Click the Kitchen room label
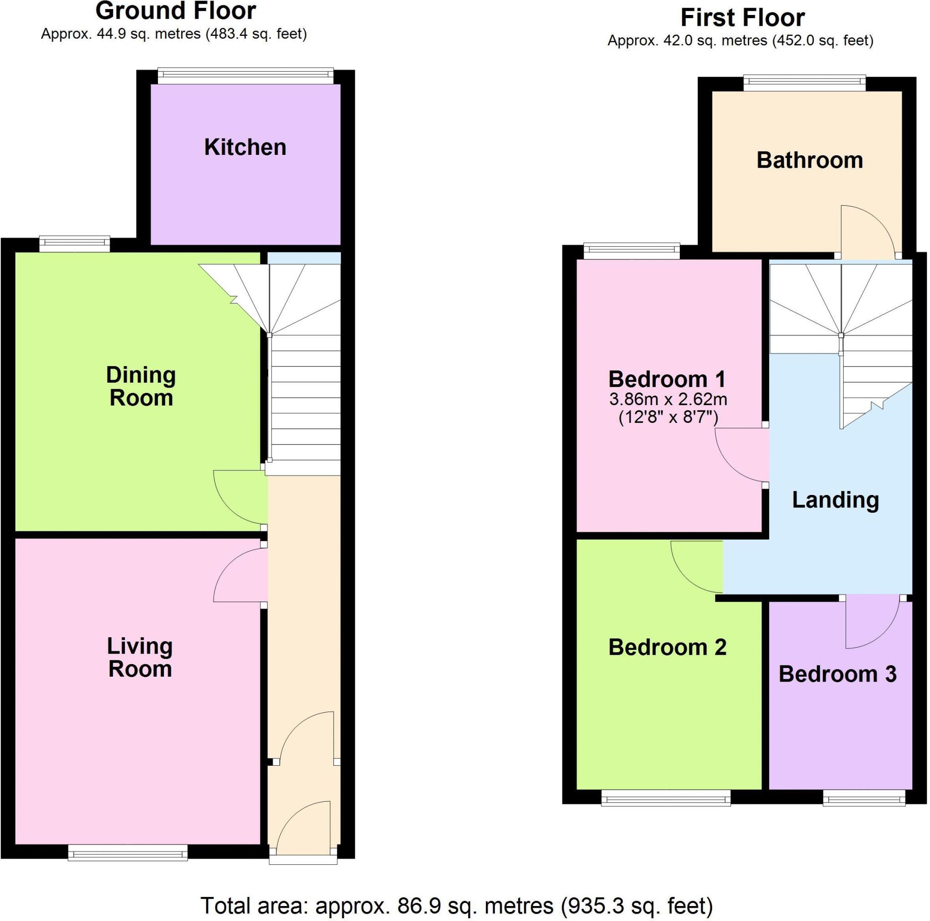coord(245,147)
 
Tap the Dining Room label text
coord(141,386)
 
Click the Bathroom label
coord(810,160)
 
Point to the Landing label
coord(835,500)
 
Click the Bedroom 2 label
coord(667,647)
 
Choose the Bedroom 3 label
coord(837,674)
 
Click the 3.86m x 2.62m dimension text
coord(668,399)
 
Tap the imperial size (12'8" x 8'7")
coord(668,417)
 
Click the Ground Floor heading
coord(176,11)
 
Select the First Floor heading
coord(742,18)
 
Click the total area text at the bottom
coord(456,906)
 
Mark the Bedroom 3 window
coord(864,800)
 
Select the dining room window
coord(74,243)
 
